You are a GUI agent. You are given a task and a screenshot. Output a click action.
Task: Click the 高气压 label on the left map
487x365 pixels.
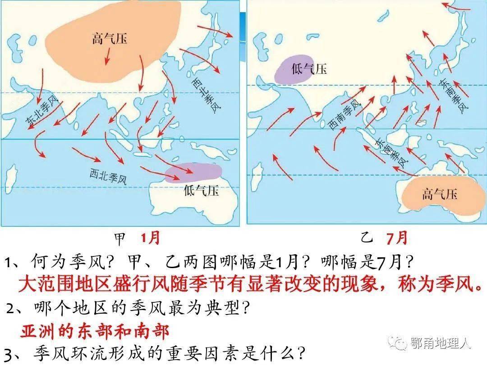[110, 38]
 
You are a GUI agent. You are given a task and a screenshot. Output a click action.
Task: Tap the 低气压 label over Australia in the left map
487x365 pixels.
[202, 191]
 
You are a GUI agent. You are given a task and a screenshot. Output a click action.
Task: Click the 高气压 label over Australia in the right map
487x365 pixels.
[440, 194]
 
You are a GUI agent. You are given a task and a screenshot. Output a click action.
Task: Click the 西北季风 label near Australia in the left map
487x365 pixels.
[108, 175]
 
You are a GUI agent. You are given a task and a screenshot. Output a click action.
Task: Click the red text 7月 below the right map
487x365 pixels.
[396, 237]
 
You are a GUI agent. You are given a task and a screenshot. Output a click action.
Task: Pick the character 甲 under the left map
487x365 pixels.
[121, 238]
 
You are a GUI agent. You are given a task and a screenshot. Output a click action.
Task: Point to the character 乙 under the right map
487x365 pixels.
[366, 238]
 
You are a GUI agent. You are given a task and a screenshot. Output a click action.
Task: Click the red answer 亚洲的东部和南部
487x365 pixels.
[95, 332]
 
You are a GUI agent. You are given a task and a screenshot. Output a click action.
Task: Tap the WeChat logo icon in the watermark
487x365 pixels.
[399, 343]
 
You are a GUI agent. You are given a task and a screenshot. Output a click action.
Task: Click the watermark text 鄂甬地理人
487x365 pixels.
[441, 343]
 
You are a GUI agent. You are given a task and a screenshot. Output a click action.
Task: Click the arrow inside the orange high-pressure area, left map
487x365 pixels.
[107, 56]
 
